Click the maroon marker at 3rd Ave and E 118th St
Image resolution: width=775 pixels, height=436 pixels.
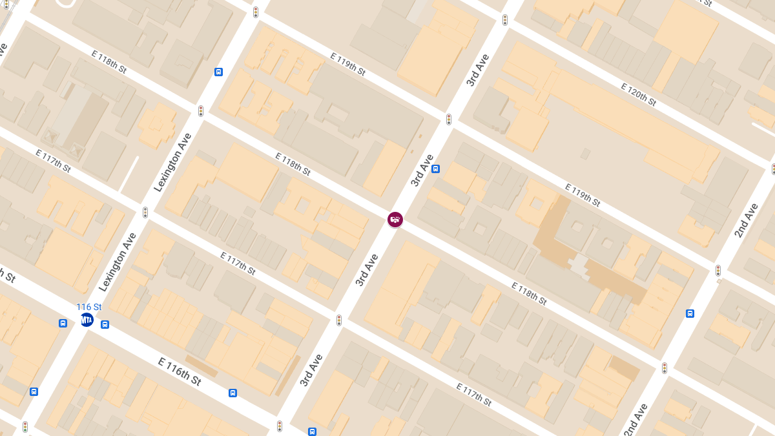point(395,220)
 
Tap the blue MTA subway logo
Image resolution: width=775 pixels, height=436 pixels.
point(87,320)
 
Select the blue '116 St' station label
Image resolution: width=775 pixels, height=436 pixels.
point(89,307)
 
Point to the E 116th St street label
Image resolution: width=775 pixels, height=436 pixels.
point(180,371)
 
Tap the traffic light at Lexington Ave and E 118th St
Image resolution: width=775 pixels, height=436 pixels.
point(201,111)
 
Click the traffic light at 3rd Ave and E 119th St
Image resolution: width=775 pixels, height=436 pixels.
point(449,119)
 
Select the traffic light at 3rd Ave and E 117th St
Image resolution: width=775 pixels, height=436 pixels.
point(339,320)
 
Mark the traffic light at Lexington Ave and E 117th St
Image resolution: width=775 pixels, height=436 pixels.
point(145,212)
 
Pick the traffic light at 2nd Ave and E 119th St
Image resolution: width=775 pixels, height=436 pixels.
point(718,270)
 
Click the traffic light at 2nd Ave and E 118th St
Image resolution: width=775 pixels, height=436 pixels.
point(665,368)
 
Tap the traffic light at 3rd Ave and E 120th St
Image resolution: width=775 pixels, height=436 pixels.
point(505,20)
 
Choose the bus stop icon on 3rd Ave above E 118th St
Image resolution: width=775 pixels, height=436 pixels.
point(436,169)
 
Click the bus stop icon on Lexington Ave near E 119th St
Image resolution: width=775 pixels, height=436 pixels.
point(219,72)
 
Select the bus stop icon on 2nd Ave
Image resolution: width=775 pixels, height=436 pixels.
point(690,314)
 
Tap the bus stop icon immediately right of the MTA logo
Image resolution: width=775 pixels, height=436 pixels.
point(105,324)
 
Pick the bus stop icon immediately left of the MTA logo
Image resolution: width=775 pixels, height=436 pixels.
point(63,323)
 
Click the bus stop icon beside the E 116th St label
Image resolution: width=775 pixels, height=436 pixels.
point(232,393)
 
